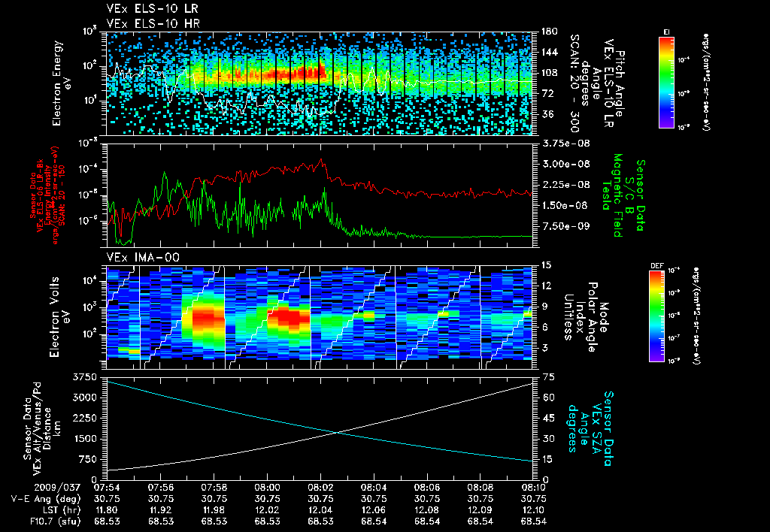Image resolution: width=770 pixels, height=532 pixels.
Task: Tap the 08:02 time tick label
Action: [x=321, y=487]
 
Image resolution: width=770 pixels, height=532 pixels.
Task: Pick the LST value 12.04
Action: [x=321, y=509]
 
